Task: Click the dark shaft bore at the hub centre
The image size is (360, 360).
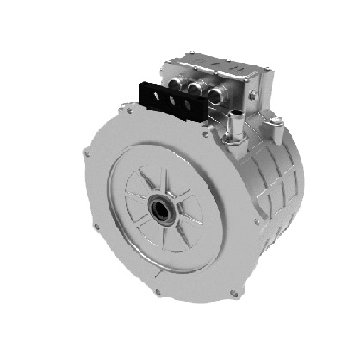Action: [x=162, y=208]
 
